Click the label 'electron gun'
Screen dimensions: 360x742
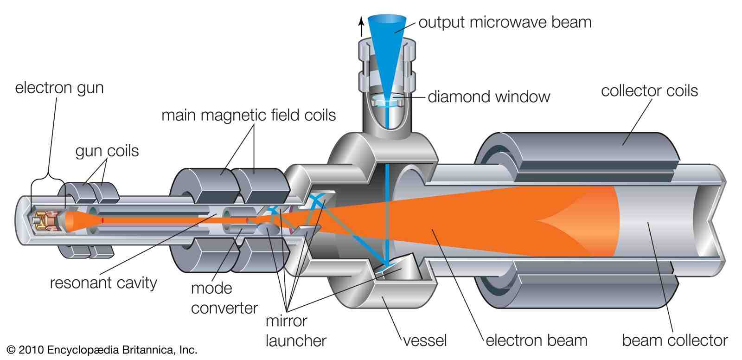[x=59, y=88]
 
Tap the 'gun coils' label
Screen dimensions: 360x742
[x=107, y=151]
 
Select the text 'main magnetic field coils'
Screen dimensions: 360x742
[x=248, y=115]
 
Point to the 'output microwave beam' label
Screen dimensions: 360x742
[x=505, y=22]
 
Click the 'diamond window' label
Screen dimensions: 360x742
[x=488, y=96]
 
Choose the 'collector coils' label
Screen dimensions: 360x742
[x=649, y=90]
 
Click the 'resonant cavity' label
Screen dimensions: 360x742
[x=103, y=283]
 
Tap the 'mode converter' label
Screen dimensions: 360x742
[x=224, y=298]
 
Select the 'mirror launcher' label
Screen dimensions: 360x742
[x=295, y=330]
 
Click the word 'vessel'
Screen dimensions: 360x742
[x=424, y=341]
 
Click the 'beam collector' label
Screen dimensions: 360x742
[x=674, y=341]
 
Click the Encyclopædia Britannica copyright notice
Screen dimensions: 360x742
[x=102, y=349]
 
